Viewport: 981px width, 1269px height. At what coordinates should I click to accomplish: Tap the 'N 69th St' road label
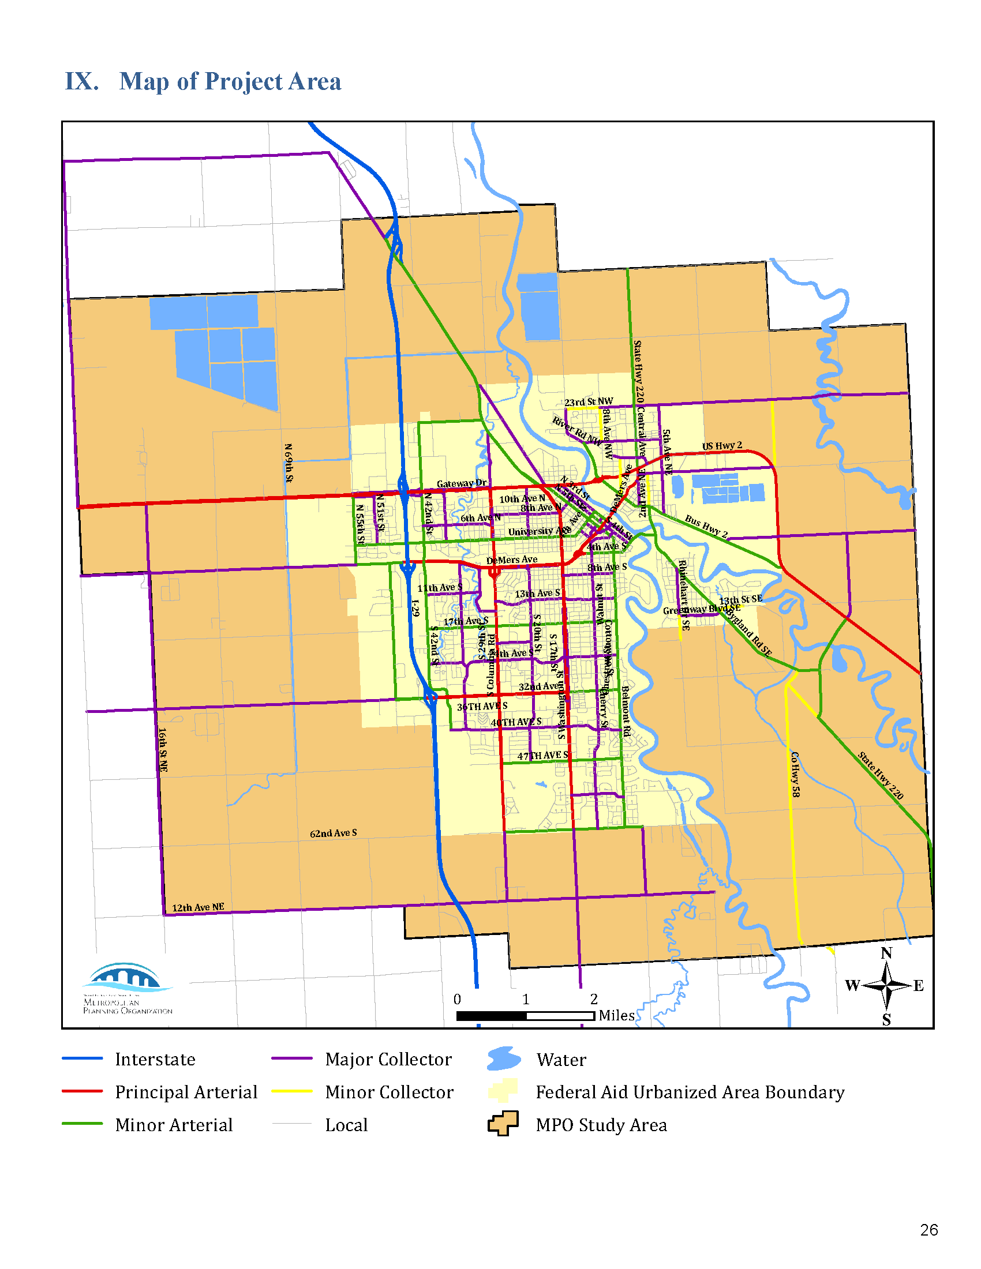click(x=289, y=463)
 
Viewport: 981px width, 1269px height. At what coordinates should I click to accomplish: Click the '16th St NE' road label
click(x=163, y=749)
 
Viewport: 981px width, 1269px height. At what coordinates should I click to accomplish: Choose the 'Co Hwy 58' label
click(x=795, y=774)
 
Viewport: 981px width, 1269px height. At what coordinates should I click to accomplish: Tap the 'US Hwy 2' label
click(x=722, y=446)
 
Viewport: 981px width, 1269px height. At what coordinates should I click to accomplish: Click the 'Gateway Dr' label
click(x=462, y=483)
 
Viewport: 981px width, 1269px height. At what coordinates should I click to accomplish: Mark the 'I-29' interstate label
click(x=415, y=608)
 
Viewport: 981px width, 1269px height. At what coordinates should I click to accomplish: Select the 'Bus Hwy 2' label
click(x=706, y=526)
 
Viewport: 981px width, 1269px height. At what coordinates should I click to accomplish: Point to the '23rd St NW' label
click(x=588, y=401)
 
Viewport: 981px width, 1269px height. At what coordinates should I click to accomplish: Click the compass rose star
click(x=886, y=985)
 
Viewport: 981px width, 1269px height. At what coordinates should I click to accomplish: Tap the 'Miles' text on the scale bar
click(x=617, y=1015)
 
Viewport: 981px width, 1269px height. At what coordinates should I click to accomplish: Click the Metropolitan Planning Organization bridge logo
click(x=127, y=977)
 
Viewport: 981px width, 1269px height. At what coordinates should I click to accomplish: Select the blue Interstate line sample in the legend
click(x=83, y=1058)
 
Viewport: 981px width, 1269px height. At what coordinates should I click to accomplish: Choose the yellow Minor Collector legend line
click(x=292, y=1091)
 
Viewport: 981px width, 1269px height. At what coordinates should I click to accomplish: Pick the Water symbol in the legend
click(x=504, y=1058)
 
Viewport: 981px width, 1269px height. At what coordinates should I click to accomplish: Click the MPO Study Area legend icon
click(x=503, y=1124)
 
